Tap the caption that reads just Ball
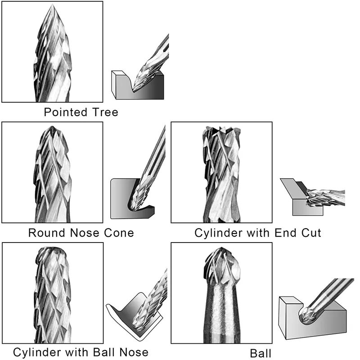261,353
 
